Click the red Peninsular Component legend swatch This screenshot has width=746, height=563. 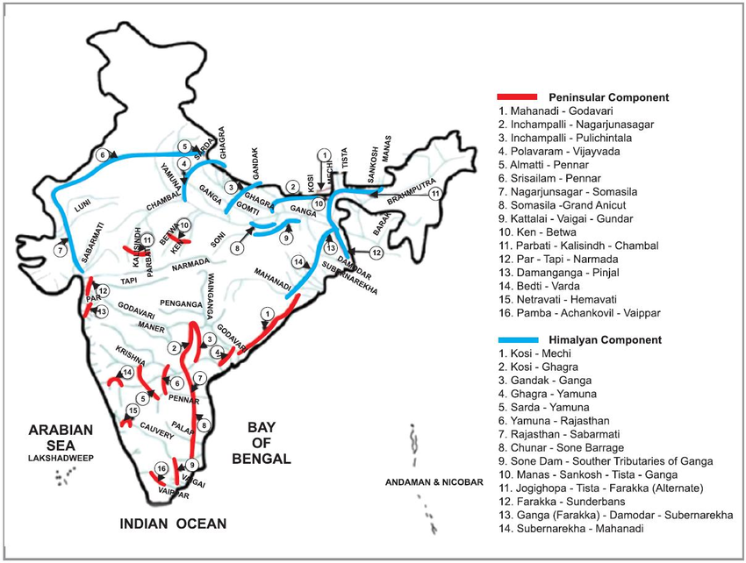point(518,96)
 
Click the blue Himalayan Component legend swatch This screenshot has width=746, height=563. point(518,339)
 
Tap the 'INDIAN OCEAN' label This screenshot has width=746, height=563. point(173,524)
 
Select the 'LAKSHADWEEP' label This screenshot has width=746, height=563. point(60,458)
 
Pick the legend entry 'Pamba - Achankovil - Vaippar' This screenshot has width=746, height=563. point(580,313)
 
